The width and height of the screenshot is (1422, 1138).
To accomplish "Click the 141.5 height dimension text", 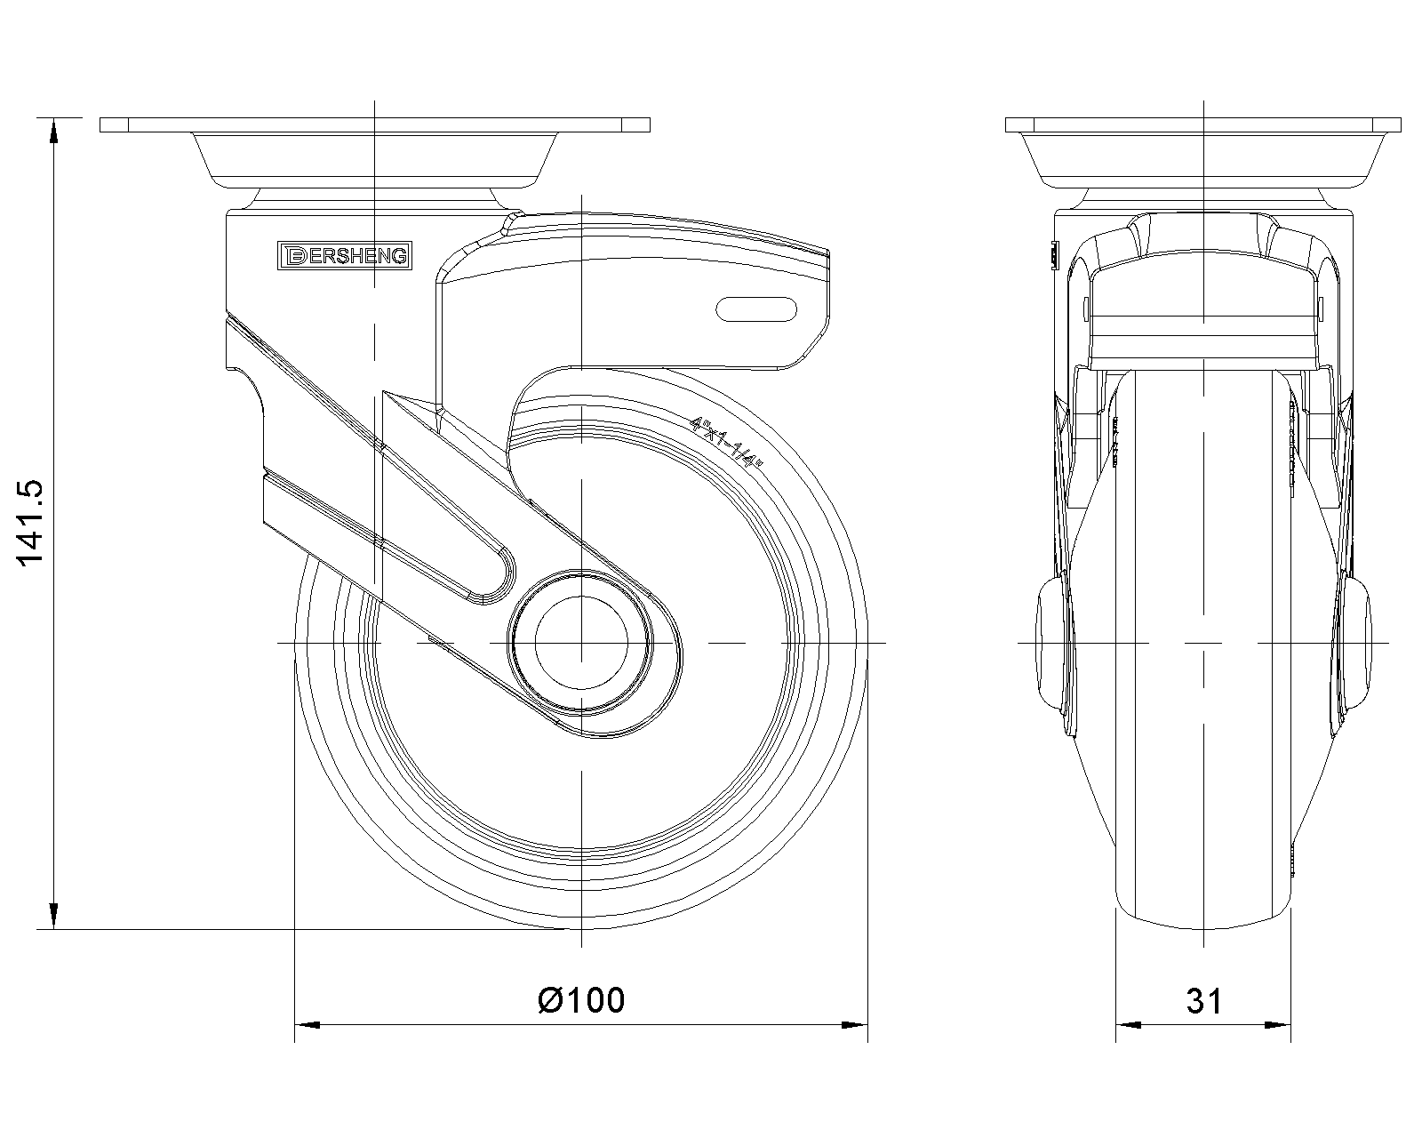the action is pos(29,523).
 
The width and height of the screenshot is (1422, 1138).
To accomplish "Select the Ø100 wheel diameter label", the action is pos(581,1000).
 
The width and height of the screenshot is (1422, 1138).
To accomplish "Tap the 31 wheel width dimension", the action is pos(1204,1001).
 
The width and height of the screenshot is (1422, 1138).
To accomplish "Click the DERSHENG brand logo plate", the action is pos(345,255).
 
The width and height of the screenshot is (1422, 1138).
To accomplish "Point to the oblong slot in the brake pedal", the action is pos(756,309).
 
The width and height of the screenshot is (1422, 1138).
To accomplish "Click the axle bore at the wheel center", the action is pos(581,643).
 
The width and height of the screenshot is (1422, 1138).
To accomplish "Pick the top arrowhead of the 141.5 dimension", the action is pos(53,131).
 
